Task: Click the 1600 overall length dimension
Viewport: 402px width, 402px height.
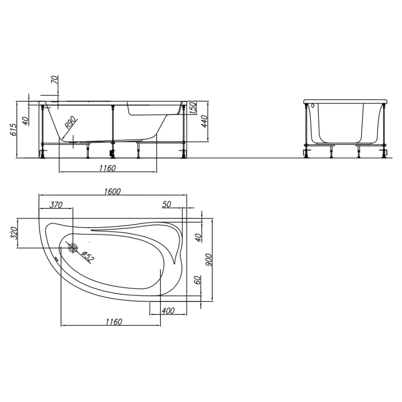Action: click(112, 192)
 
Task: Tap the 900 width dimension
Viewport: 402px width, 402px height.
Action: click(209, 260)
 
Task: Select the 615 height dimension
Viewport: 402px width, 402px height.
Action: click(13, 130)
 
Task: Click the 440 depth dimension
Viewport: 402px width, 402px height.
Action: click(204, 121)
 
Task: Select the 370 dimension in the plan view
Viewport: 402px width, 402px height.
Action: click(56, 205)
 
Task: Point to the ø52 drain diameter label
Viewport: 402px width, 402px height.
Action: click(88, 256)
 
